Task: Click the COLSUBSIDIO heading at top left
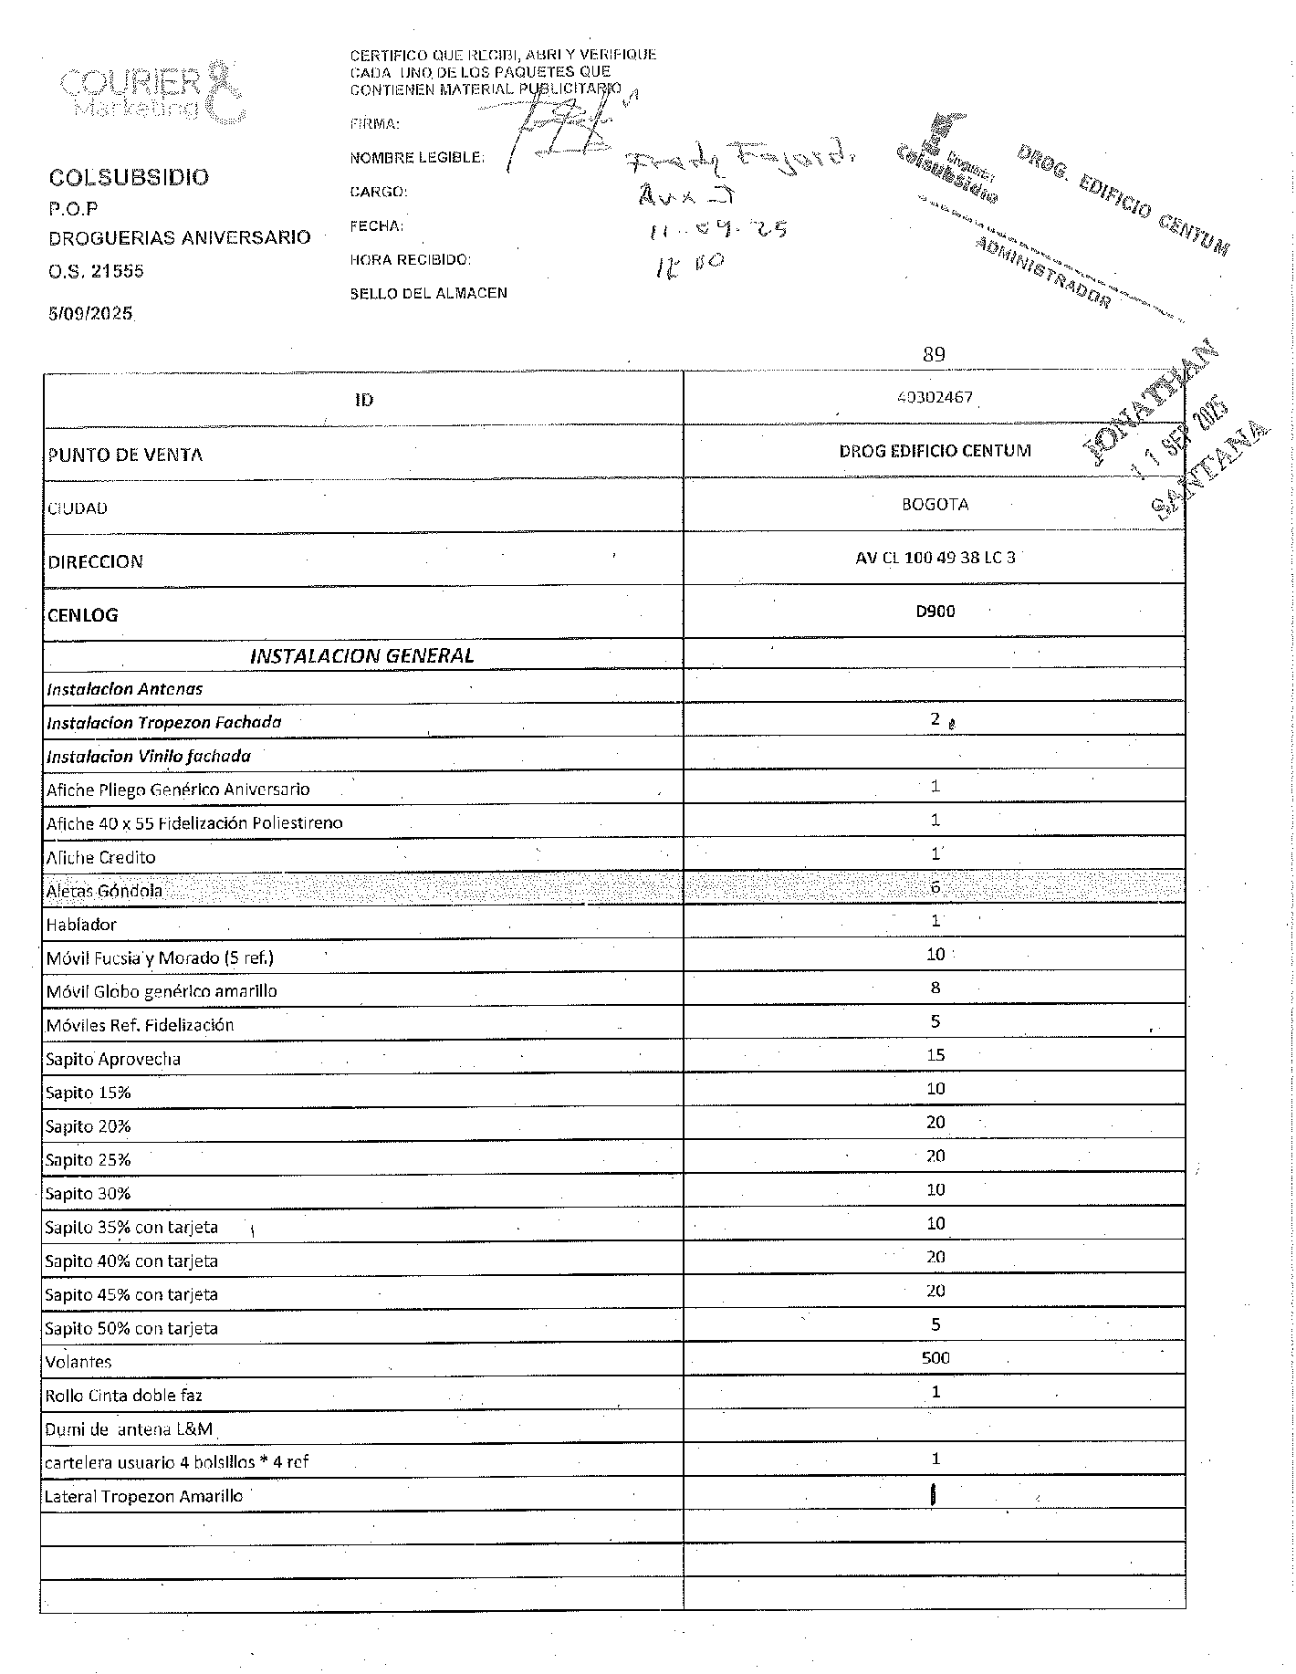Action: point(129,177)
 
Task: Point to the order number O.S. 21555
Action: point(96,271)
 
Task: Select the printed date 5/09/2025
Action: point(90,314)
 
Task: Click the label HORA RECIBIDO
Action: point(410,260)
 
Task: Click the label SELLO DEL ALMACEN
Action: point(428,294)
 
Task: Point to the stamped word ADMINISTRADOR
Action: point(1042,273)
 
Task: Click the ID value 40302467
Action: point(935,398)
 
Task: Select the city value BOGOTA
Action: point(935,504)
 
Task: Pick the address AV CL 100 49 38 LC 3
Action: point(935,558)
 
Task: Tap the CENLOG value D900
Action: point(935,612)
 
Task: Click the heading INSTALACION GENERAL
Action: point(362,655)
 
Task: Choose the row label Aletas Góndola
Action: point(104,891)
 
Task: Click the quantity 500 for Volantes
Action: point(935,1358)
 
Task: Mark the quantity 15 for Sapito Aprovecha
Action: point(935,1055)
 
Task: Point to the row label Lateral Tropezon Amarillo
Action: point(143,1496)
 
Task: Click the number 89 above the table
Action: point(934,354)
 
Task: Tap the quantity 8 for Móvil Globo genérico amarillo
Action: point(935,988)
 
